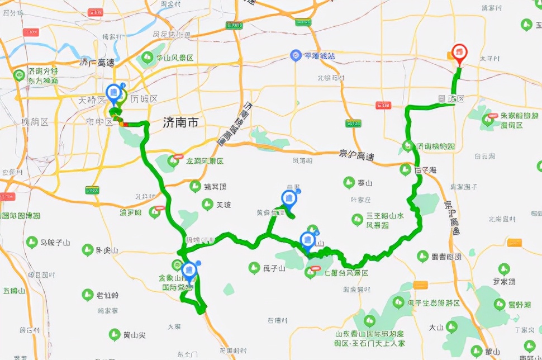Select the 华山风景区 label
[174, 58]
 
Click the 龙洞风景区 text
[205, 161]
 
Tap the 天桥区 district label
[92, 100]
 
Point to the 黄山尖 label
[135, 335]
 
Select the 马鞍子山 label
[55, 243]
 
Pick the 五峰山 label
[15, 291]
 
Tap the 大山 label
[436, 327]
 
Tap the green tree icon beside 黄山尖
[114, 335]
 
